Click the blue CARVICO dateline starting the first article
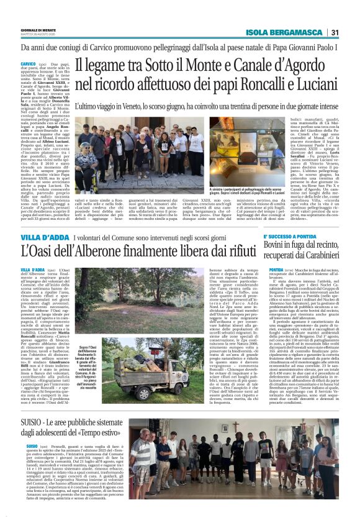point(29,64)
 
